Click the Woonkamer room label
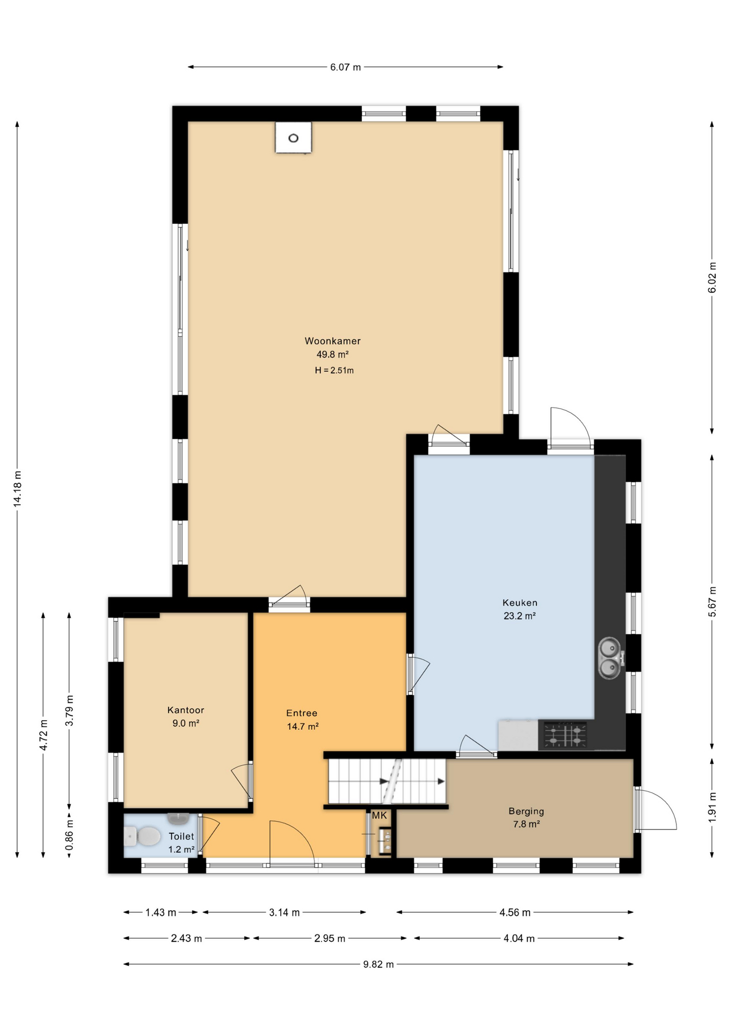332,341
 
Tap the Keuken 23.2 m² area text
520,616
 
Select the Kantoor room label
186,710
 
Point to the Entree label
302,713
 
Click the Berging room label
526,811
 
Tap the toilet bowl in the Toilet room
143,836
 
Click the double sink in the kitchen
609,658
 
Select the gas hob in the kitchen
565,735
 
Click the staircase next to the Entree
387,781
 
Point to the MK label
380,816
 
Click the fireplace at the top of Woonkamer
293,137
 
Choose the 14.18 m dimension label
17,489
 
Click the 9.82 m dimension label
378,964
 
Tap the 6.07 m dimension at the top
345,67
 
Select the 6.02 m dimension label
712,278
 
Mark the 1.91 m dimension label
712,807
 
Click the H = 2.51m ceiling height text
334,371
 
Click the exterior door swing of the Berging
655,809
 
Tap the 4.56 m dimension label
515,912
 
